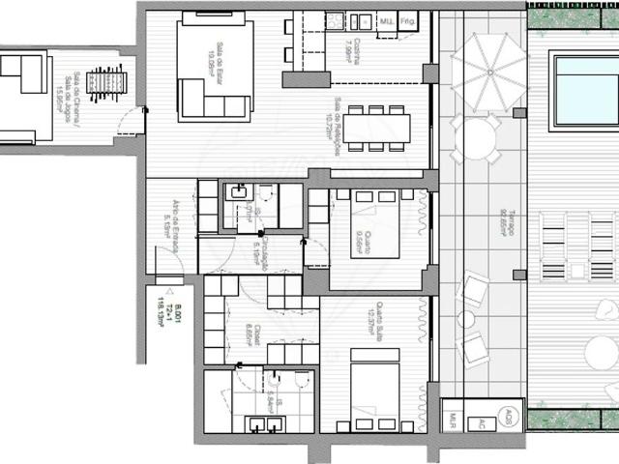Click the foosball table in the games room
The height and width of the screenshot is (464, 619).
106,84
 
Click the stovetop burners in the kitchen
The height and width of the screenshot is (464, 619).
336,19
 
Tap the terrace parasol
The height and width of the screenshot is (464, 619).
488,70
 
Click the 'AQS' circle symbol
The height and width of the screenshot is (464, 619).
509,417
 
